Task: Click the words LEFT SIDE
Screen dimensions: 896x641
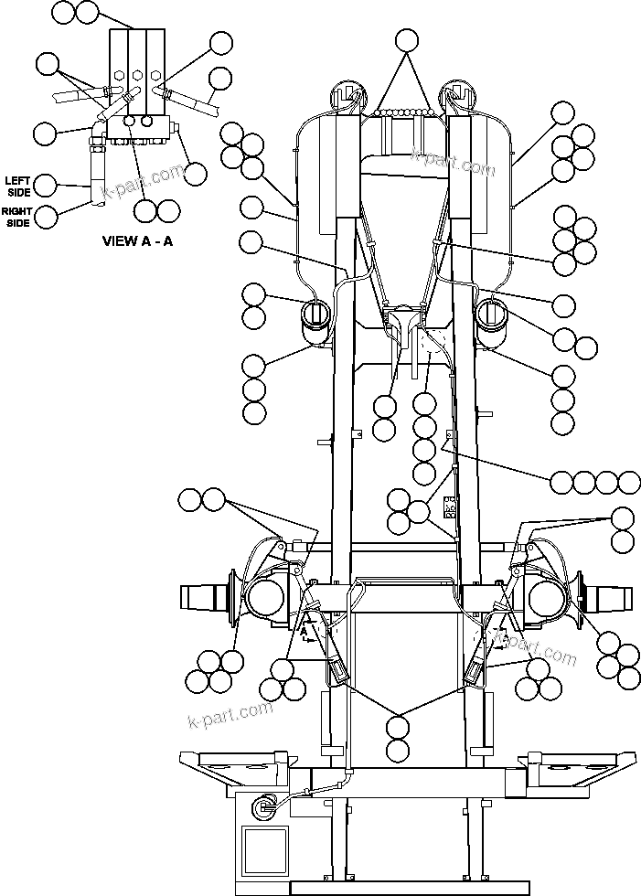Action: (18, 186)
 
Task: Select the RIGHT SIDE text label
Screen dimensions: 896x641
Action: (17, 217)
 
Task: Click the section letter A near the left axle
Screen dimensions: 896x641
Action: (303, 631)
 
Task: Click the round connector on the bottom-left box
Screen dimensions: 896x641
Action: (264, 805)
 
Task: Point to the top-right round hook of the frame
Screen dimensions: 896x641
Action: (458, 93)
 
